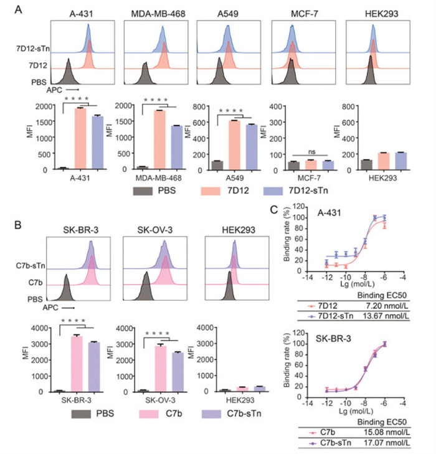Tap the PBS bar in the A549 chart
(217, 165)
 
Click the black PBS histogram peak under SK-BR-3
(66, 290)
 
